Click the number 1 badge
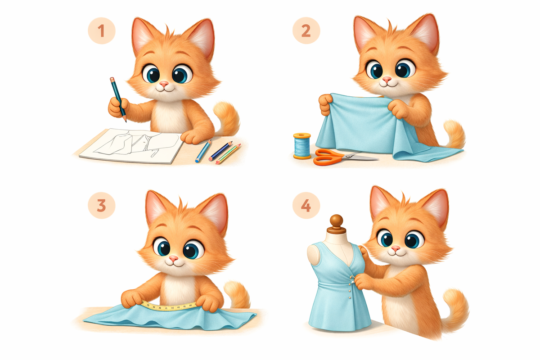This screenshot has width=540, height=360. point(102,31)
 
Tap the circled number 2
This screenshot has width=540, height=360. point(306,31)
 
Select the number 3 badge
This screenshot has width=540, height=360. point(102,206)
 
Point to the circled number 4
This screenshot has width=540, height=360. point(306,206)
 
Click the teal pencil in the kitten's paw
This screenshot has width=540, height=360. point(118,99)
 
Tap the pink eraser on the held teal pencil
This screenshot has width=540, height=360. point(112,79)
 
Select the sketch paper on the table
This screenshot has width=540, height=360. point(131,146)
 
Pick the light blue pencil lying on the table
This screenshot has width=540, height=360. point(203,151)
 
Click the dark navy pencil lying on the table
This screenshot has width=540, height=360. point(220,151)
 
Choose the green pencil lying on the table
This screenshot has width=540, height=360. point(228,154)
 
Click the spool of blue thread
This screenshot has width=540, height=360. point(302,146)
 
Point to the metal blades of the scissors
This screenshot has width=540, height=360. point(360,157)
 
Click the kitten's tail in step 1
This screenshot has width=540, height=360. point(227,119)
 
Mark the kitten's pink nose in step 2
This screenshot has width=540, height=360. point(387,79)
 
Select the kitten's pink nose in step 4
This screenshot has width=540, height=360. point(396,248)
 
